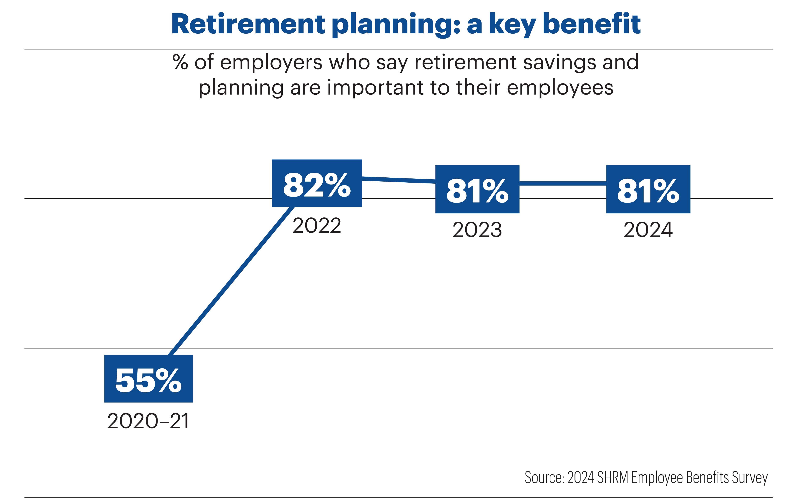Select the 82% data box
click(x=317, y=183)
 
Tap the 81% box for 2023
click(x=477, y=189)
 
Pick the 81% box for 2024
click(x=648, y=189)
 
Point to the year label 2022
click(x=317, y=226)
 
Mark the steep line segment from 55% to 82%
click(x=232, y=280)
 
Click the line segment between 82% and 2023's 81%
click(x=398, y=180)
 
